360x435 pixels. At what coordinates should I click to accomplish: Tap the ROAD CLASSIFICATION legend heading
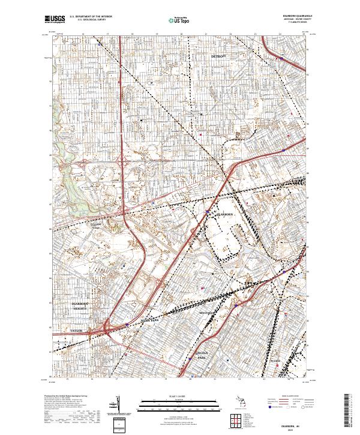tap(283, 397)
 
